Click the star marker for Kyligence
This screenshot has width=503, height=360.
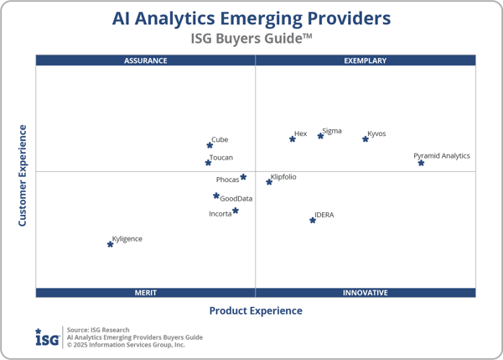110,244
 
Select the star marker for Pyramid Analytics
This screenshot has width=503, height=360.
421,163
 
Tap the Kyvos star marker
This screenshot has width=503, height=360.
366,138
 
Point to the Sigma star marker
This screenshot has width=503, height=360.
320,136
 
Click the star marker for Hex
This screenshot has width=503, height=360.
293,138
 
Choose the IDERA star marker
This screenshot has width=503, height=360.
313,220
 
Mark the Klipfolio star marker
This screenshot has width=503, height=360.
269,181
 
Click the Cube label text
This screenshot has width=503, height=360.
220,140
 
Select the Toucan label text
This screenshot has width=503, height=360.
221,158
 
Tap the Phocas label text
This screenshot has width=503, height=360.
227,180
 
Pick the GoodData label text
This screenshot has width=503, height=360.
236,199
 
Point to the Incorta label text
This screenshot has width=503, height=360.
220,214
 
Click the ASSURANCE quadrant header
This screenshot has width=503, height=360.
146,60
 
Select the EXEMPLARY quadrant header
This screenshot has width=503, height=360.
366,60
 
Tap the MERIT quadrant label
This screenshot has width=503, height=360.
146,293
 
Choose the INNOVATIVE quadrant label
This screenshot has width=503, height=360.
366,293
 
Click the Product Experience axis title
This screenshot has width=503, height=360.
256,310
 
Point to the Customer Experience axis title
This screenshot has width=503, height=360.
23,175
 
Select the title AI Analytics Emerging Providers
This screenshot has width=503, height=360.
251,18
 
